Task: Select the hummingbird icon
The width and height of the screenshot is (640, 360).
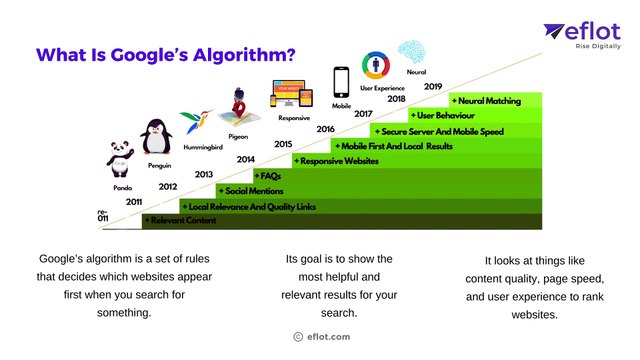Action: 196,123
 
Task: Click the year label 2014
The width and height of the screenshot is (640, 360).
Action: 246,159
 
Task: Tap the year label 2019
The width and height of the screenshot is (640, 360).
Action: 433,86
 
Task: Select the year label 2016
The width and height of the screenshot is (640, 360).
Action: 325,129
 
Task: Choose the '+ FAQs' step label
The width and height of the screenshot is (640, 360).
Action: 269,175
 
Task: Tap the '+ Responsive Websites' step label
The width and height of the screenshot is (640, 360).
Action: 335,160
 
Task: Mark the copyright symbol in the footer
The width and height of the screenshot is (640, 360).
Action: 298,337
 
